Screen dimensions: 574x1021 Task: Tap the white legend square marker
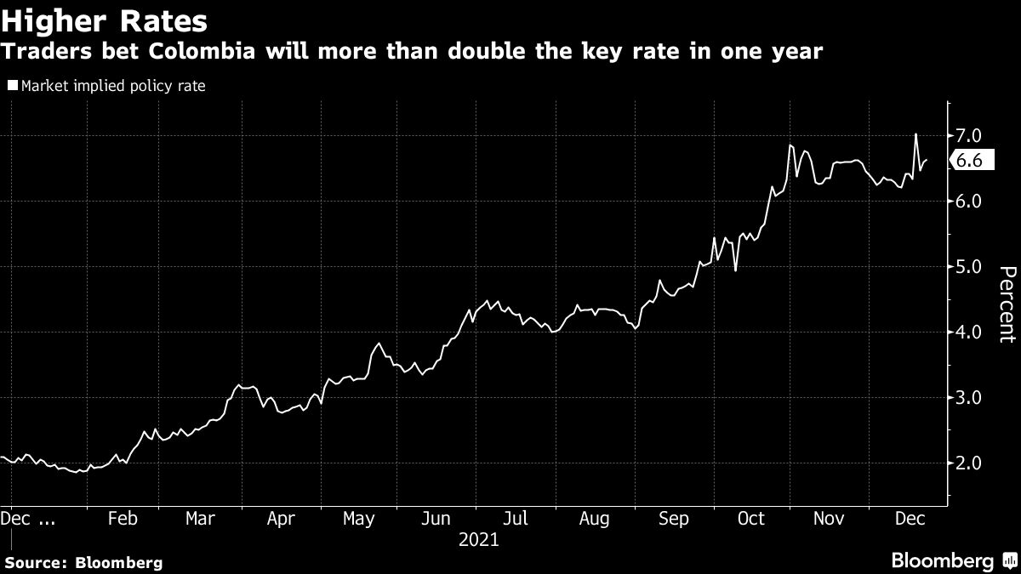coord(14,86)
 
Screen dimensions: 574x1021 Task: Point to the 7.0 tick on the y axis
coord(970,136)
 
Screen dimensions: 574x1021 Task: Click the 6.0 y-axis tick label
coord(970,202)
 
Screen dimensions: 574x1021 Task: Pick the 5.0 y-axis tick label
coord(970,267)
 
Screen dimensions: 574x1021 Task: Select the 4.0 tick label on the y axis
coord(970,332)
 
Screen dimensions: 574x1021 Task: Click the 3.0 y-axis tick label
coord(970,398)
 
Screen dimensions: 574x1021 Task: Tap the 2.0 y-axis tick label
coord(970,463)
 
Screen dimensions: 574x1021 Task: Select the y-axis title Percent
coord(1007,304)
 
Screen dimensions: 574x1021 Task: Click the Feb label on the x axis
coord(123,519)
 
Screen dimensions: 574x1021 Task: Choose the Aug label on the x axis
coord(593,519)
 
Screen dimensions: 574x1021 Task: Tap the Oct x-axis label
coord(751,519)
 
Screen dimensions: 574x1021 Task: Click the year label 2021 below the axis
coord(478,539)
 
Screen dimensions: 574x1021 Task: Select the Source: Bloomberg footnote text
coord(83,562)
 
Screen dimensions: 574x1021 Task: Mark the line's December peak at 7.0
coord(915,134)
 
